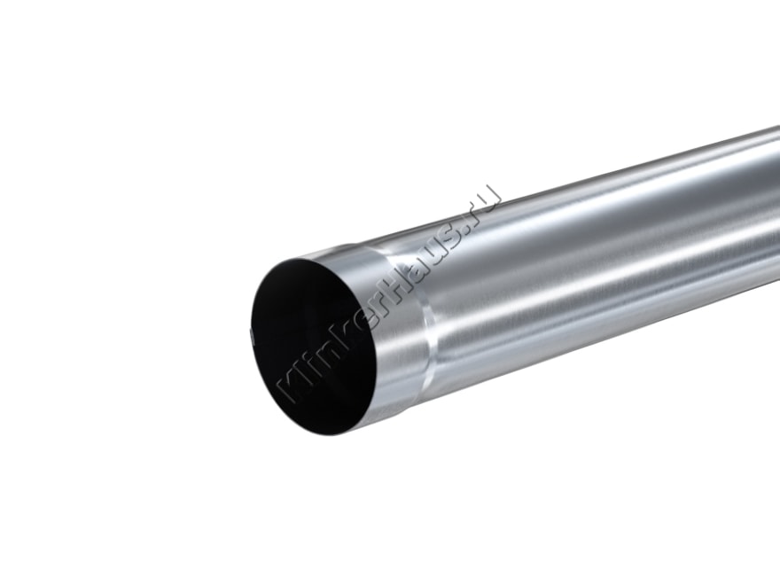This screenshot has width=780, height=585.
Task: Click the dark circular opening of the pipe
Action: coord(316,347)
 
